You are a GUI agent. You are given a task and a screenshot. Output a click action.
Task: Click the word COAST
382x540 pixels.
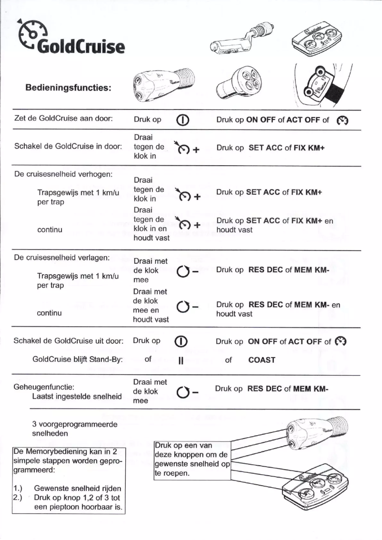pos(261,360)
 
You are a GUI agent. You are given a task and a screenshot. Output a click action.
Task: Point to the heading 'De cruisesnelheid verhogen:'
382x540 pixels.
pos(63,173)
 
